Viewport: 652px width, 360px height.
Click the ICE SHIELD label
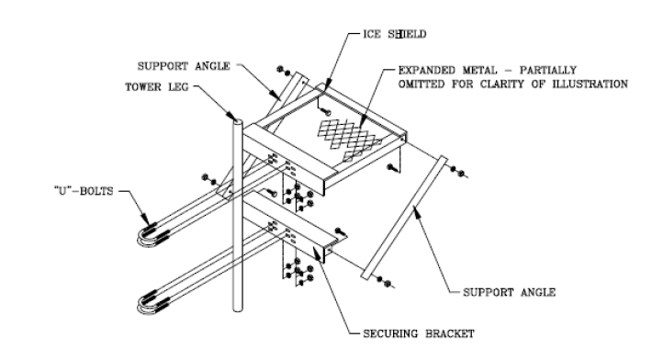[395, 34]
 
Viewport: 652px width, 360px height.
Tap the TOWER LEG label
[157, 87]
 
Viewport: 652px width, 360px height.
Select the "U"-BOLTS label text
[84, 191]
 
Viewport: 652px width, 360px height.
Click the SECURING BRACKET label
[419, 333]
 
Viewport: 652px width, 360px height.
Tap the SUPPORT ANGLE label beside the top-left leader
[184, 66]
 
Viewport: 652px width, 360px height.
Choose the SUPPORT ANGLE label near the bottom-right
[510, 293]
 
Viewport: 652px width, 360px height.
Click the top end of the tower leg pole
[238, 121]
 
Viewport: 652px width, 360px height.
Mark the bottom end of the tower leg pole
[238, 309]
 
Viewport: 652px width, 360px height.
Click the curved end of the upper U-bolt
[141, 238]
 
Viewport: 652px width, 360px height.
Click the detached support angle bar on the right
[403, 218]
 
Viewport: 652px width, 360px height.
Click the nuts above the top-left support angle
[284, 71]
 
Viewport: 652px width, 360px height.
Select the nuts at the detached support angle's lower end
[384, 282]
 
